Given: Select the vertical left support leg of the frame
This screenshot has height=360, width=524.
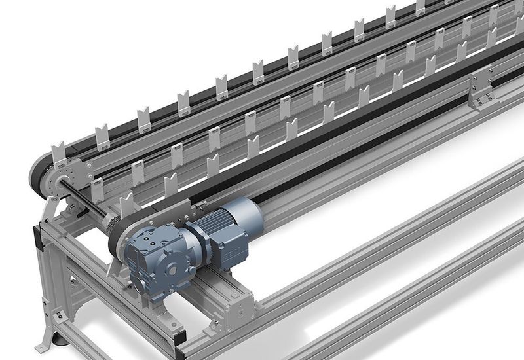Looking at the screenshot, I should tap(49, 288).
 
